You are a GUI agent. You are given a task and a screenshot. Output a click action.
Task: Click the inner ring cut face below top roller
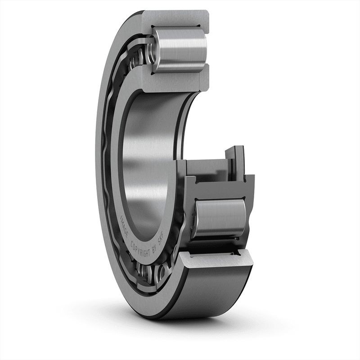click(175, 82)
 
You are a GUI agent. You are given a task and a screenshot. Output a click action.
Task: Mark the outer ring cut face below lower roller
click(216, 260)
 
